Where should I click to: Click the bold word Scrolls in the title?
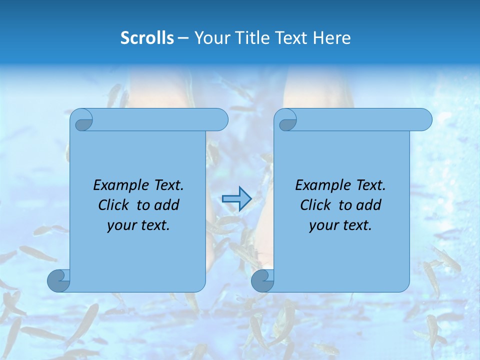pos(147,38)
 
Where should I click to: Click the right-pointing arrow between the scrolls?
pos(236,199)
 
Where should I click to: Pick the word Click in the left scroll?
pos(109,205)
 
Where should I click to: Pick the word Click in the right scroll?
pos(311,205)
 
